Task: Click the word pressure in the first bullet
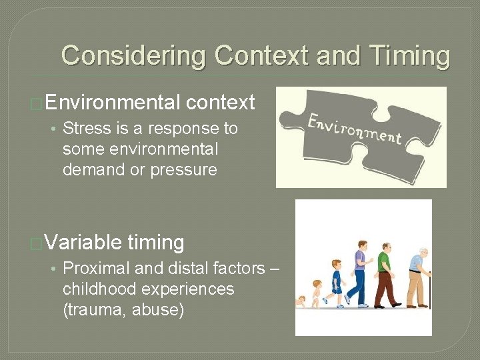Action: click(x=184, y=169)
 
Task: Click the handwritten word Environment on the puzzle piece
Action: click(x=353, y=129)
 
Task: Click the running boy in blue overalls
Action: click(x=336, y=283)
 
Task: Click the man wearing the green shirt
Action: click(x=385, y=273)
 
